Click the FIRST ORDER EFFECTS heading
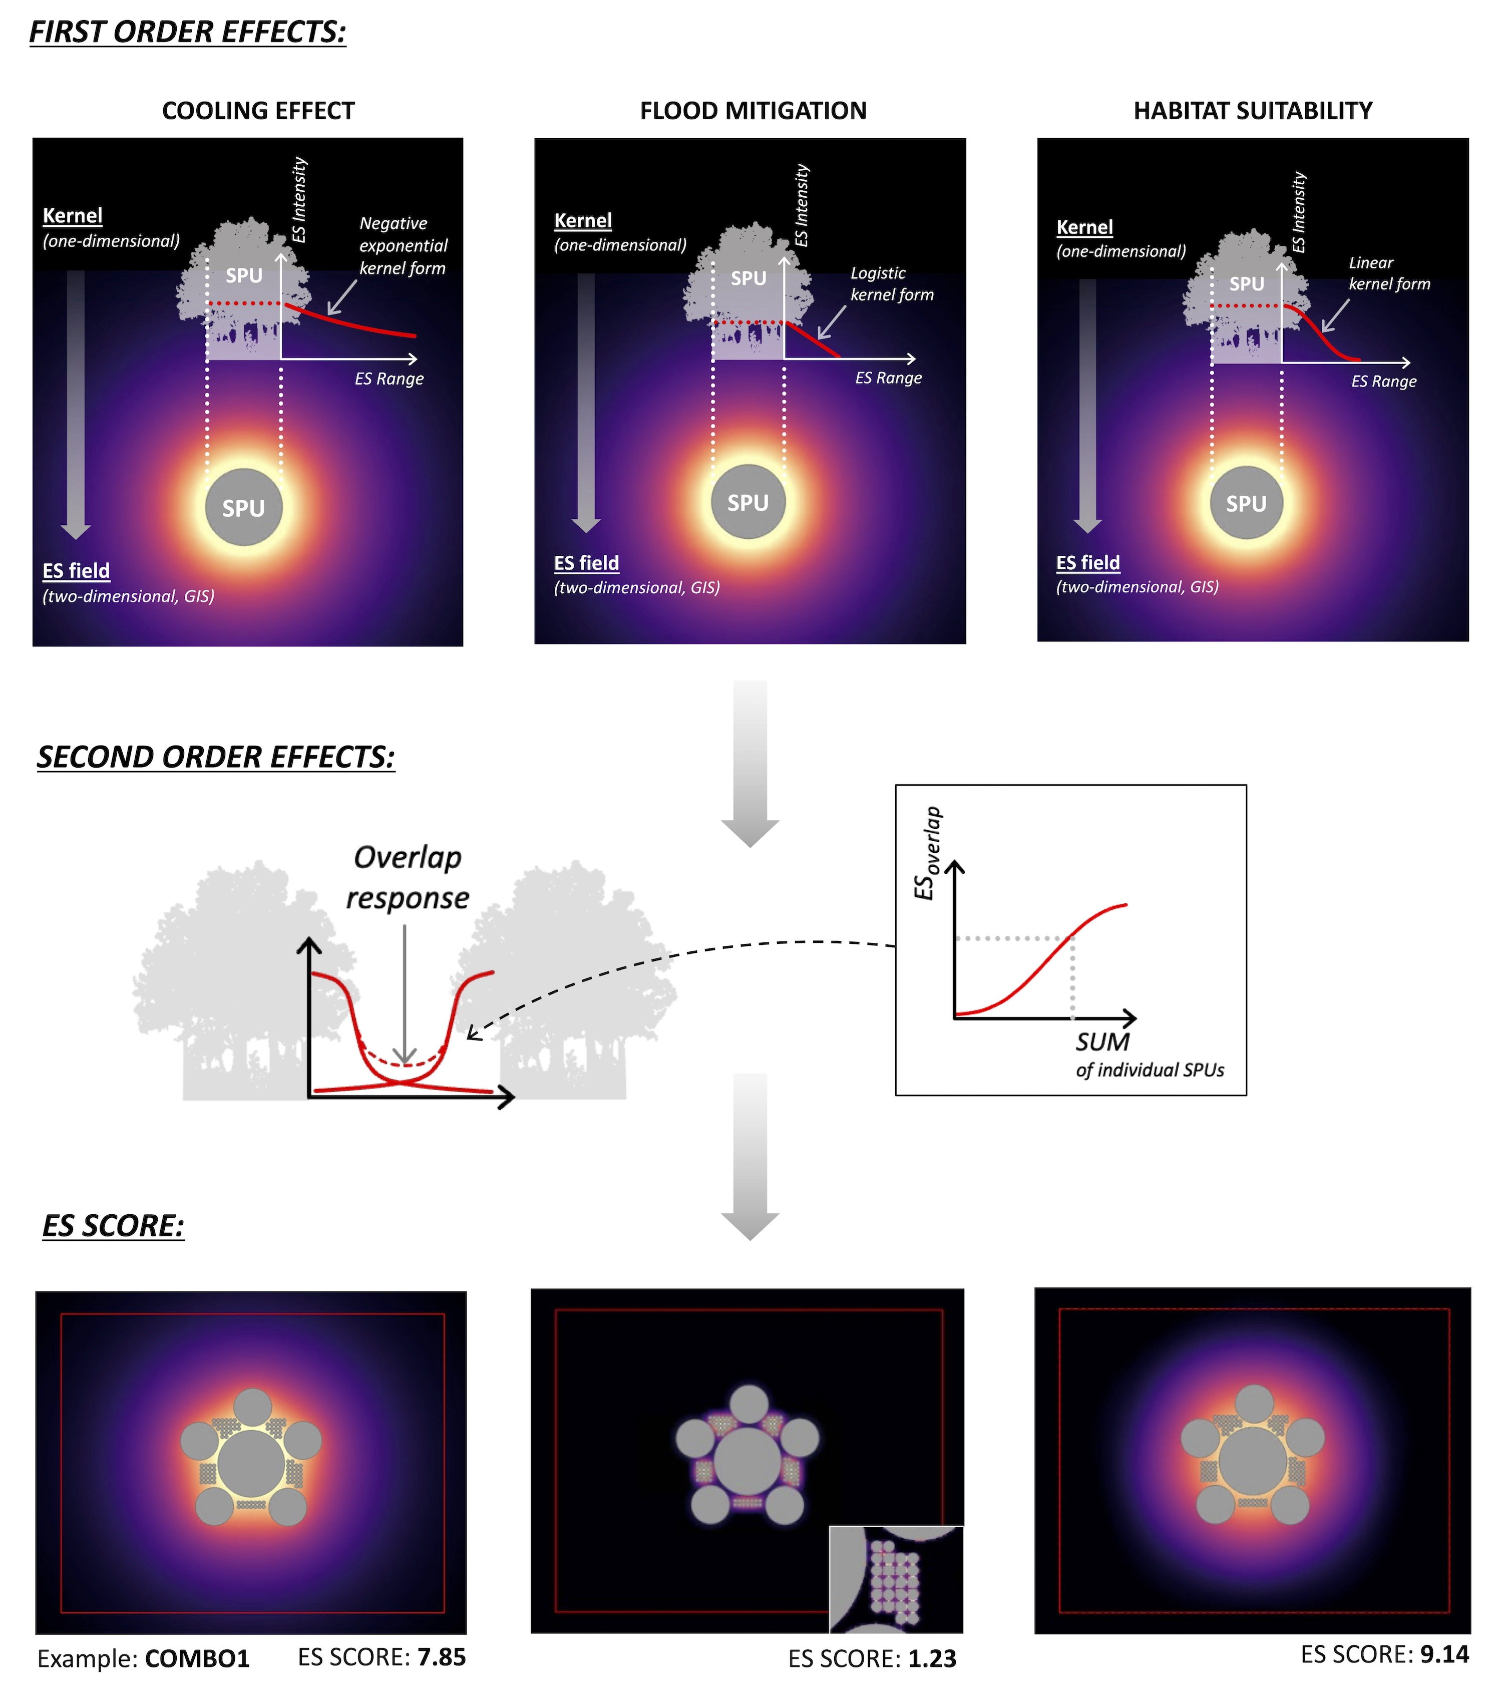(x=188, y=33)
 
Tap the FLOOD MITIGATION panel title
(x=753, y=111)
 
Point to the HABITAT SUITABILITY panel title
(x=1252, y=111)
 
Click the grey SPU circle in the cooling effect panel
(x=243, y=508)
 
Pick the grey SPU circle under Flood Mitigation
(x=747, y=502)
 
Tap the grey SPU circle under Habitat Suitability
(x=1246, y=503)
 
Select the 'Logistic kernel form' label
(x=891, y=284)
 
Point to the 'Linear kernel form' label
(x=1388, y=273)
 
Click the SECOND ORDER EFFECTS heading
(x=216, y=758)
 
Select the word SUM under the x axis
(x=1102, y=1042)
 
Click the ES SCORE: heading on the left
(x=114, y=1226)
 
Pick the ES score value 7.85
(x=441, y=1657)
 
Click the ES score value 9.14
(x=1444, y=1655)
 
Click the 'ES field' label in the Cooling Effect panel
(x=77, y=571)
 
